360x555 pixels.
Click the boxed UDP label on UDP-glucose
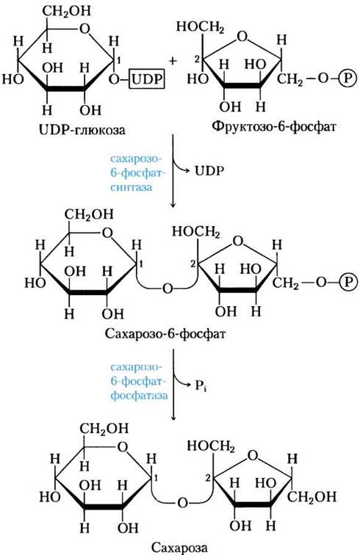[147, 79]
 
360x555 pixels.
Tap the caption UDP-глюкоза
[82, 130]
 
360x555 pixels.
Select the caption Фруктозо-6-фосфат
[274, 126]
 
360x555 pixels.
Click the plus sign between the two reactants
[173, 60]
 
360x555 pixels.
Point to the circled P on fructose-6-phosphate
[348, 79]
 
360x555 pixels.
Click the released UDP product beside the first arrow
[209, 171]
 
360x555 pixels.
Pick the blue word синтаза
[131, 186]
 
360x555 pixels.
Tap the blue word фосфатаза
[139, 395]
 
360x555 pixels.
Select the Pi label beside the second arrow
[201, 385]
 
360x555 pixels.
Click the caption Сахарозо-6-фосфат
[165, 333]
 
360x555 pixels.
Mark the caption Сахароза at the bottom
[179, 548]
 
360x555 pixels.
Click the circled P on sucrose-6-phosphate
[348, 282]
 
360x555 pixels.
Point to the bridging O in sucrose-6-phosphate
[168, 289]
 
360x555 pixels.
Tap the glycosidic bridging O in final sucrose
[182, 503]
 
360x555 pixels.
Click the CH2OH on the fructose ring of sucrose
[312, 496]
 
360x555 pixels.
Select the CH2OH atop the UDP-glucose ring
[67, 11]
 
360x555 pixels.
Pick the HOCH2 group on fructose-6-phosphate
[200, 27]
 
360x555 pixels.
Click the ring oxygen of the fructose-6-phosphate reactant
[242, 37]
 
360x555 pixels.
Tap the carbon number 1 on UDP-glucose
[119, 61]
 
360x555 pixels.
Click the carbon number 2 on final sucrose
[208, 478]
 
